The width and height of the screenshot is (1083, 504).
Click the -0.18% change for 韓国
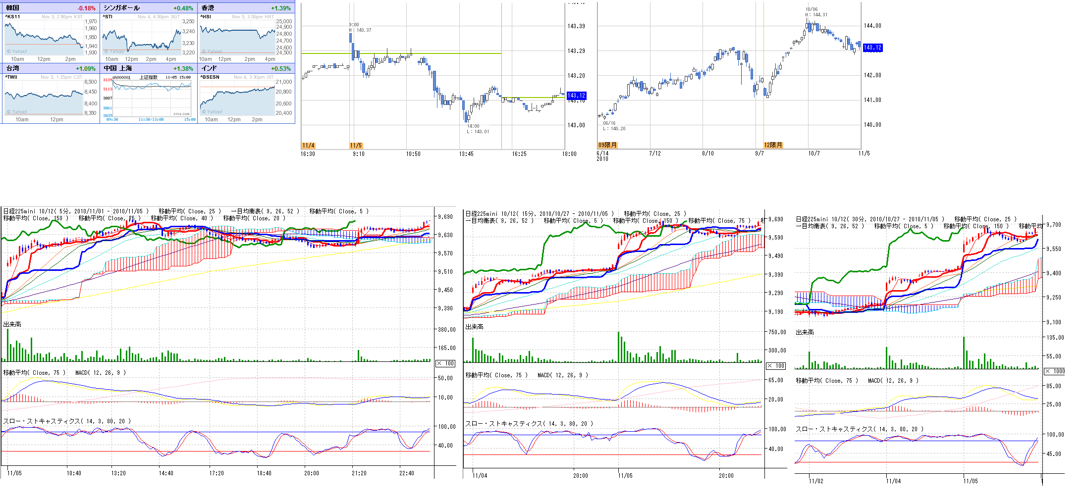pos(86,8)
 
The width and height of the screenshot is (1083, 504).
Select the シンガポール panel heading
pos(121,8)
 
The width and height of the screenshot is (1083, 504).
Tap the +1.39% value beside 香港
pos(281,8)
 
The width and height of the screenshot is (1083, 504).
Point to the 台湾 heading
pos(13,68)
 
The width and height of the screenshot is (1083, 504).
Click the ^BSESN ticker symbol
pos(210,77)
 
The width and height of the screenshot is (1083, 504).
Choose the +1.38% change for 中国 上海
pos(183,69)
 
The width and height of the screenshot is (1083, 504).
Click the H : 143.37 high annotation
pos(360,30)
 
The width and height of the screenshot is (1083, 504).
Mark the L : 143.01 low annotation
pos(478,132)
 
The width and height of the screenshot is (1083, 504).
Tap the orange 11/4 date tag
pos(308,146)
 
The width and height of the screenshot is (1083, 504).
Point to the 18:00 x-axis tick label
pos(569,154)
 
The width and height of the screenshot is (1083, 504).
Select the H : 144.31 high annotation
pos(816,15)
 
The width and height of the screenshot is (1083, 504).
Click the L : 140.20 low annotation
pos(614,129)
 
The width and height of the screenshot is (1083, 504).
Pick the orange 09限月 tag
pos(607,145)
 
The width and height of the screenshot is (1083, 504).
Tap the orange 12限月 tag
pos(773,145)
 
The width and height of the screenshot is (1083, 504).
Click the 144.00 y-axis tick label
pos(872,26)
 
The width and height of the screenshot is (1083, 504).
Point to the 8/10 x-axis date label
pos(708,153)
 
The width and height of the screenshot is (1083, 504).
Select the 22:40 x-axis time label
pos(407,473)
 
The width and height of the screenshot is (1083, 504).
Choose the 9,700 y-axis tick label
pos(1054,225)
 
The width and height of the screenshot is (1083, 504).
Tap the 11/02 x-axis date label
pos(816,481)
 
